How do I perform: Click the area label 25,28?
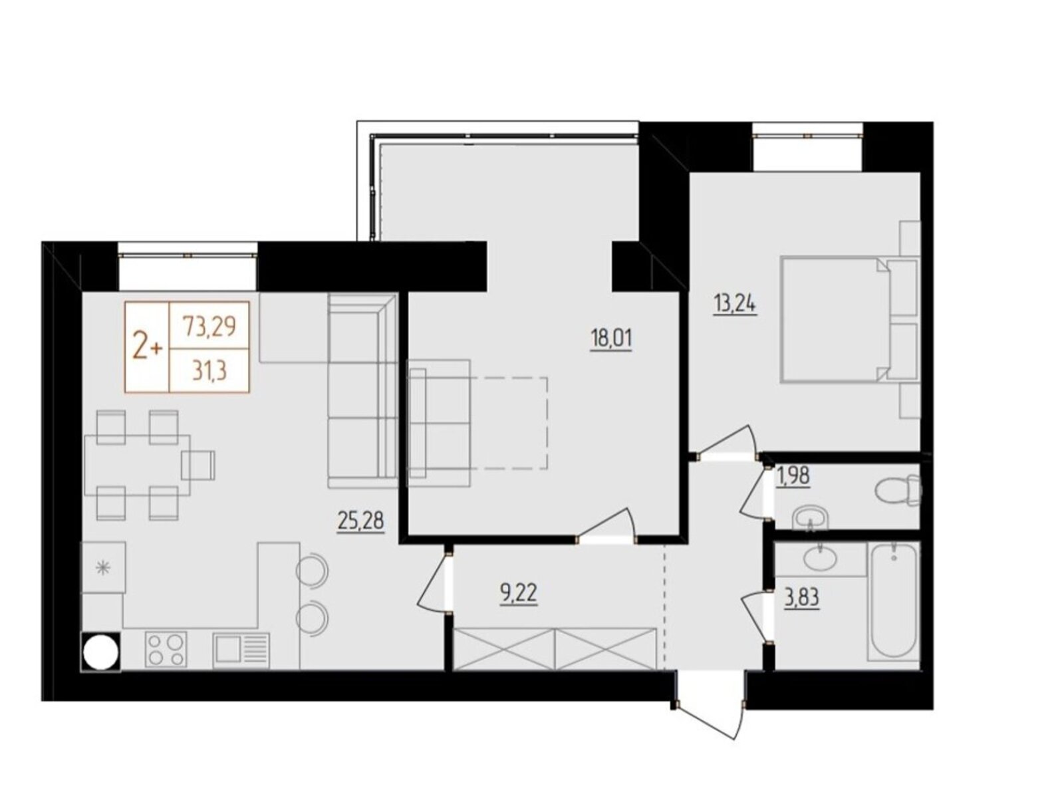pyautogui.click(x=360, y=521)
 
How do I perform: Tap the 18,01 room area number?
pyautogui.click(x=610, y=338)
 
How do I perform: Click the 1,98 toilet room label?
pyautogui.click(x=793, y=476)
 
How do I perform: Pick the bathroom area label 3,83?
pyautogui.click(x=802, y=598)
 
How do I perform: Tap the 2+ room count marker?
pyautogui.click(x=147, y=349)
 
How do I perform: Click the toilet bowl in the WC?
pyautogui.click(x=897, y=489)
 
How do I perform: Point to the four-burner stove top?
pyautogui.click(x=165, y=650)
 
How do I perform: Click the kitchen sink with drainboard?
pyautogui.click(x=241, y=650)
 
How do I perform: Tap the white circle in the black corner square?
pyautogui.click(x=101, y=652)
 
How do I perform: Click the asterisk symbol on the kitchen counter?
pyautogui.click(x=102, y=567)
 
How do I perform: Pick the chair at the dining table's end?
pyautogui.click(x=198, y=464)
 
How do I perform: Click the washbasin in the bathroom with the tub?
pyautogui.click(x=820, y=556)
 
